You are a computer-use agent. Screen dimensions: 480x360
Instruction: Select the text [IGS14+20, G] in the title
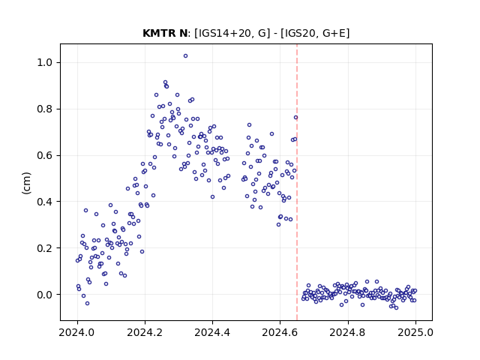pyautogui.click(x=232, y=33)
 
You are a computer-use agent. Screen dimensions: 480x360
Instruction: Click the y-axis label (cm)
pyautogui.click(x=27, y=183)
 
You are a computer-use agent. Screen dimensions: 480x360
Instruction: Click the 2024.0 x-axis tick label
pyautogui.click(x=77, y=332)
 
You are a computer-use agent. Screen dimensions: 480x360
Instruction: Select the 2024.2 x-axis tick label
pyautogui.click(x=145, y=332)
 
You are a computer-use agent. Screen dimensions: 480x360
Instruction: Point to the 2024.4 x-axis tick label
pyautogui.click(x=212, y=332)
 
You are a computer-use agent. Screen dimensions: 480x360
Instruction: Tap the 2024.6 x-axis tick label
pyautogui.click(x=280, y=332)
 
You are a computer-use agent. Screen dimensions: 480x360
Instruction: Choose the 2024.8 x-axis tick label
pyautogui.click(x=348, y=332)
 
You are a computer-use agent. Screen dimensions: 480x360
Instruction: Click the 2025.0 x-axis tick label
pyautogui.click(x=415, y=332)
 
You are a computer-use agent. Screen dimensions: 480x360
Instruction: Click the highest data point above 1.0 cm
pyautogui.click(x=185, y=56)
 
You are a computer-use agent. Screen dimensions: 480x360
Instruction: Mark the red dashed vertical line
pyautogui.click(x=297, y=182)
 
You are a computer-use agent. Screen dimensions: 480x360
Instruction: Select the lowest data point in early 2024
pyautogui.click(x=87, y=303)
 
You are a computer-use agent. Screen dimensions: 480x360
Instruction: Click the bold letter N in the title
pyautogui.click(x=183, y=33)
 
